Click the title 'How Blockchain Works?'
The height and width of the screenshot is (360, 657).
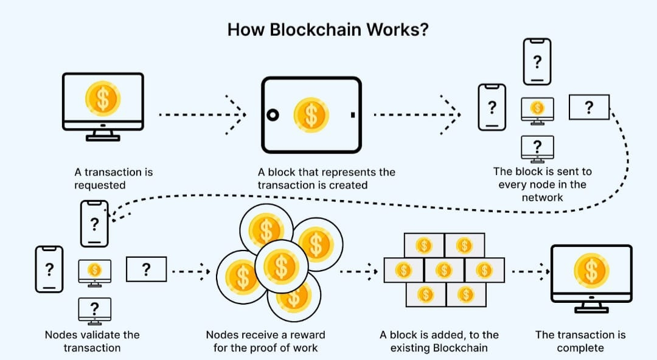(x=328, y=30)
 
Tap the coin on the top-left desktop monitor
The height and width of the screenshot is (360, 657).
(x=103, y=99)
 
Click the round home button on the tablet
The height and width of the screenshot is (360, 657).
(x=273, y=115)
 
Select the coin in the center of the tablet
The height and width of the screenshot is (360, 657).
(x=311, y=115)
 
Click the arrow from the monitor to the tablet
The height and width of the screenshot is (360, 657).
(x=203, y=114)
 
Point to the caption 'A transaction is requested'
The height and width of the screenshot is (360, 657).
(x=114, y=179)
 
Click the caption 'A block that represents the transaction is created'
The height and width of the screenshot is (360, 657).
(x=327, y=179)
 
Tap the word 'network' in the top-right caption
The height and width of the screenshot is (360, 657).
(x=542, y=198)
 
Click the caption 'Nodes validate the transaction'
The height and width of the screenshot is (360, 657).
(x=92, y=341)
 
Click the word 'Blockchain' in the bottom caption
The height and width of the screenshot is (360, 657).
(x=460, y=348)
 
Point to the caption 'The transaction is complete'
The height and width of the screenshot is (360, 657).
(x=580, y=341)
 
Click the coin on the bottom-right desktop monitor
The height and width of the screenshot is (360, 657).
(x=591, y=271)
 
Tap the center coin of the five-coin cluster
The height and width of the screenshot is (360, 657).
(x=281, y=266)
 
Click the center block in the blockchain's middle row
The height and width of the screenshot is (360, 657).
(x=443, y=271)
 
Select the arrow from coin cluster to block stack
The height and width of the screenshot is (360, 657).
(x=359, y=272)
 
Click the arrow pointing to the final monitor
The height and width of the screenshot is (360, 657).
(x=531, y=272)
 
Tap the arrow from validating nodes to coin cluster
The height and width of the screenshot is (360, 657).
(x=191, y=272)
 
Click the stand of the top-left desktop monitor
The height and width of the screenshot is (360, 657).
(x=103, y=135)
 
